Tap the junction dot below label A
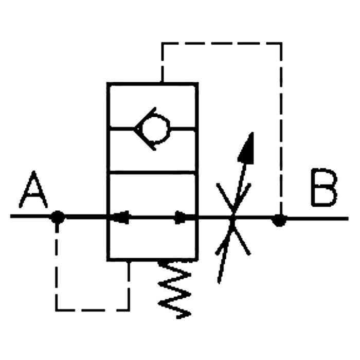tap(58, 217)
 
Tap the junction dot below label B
tap(279, 221)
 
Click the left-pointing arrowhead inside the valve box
tap(121, 217)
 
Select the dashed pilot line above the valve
tap(221, 43)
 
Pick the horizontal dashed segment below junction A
tap(93, 310)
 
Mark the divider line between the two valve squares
tap(152, 172)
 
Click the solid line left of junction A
tap(31, 217)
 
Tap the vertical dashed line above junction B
tap(281, 129)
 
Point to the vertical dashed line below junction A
tap(57, 267)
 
